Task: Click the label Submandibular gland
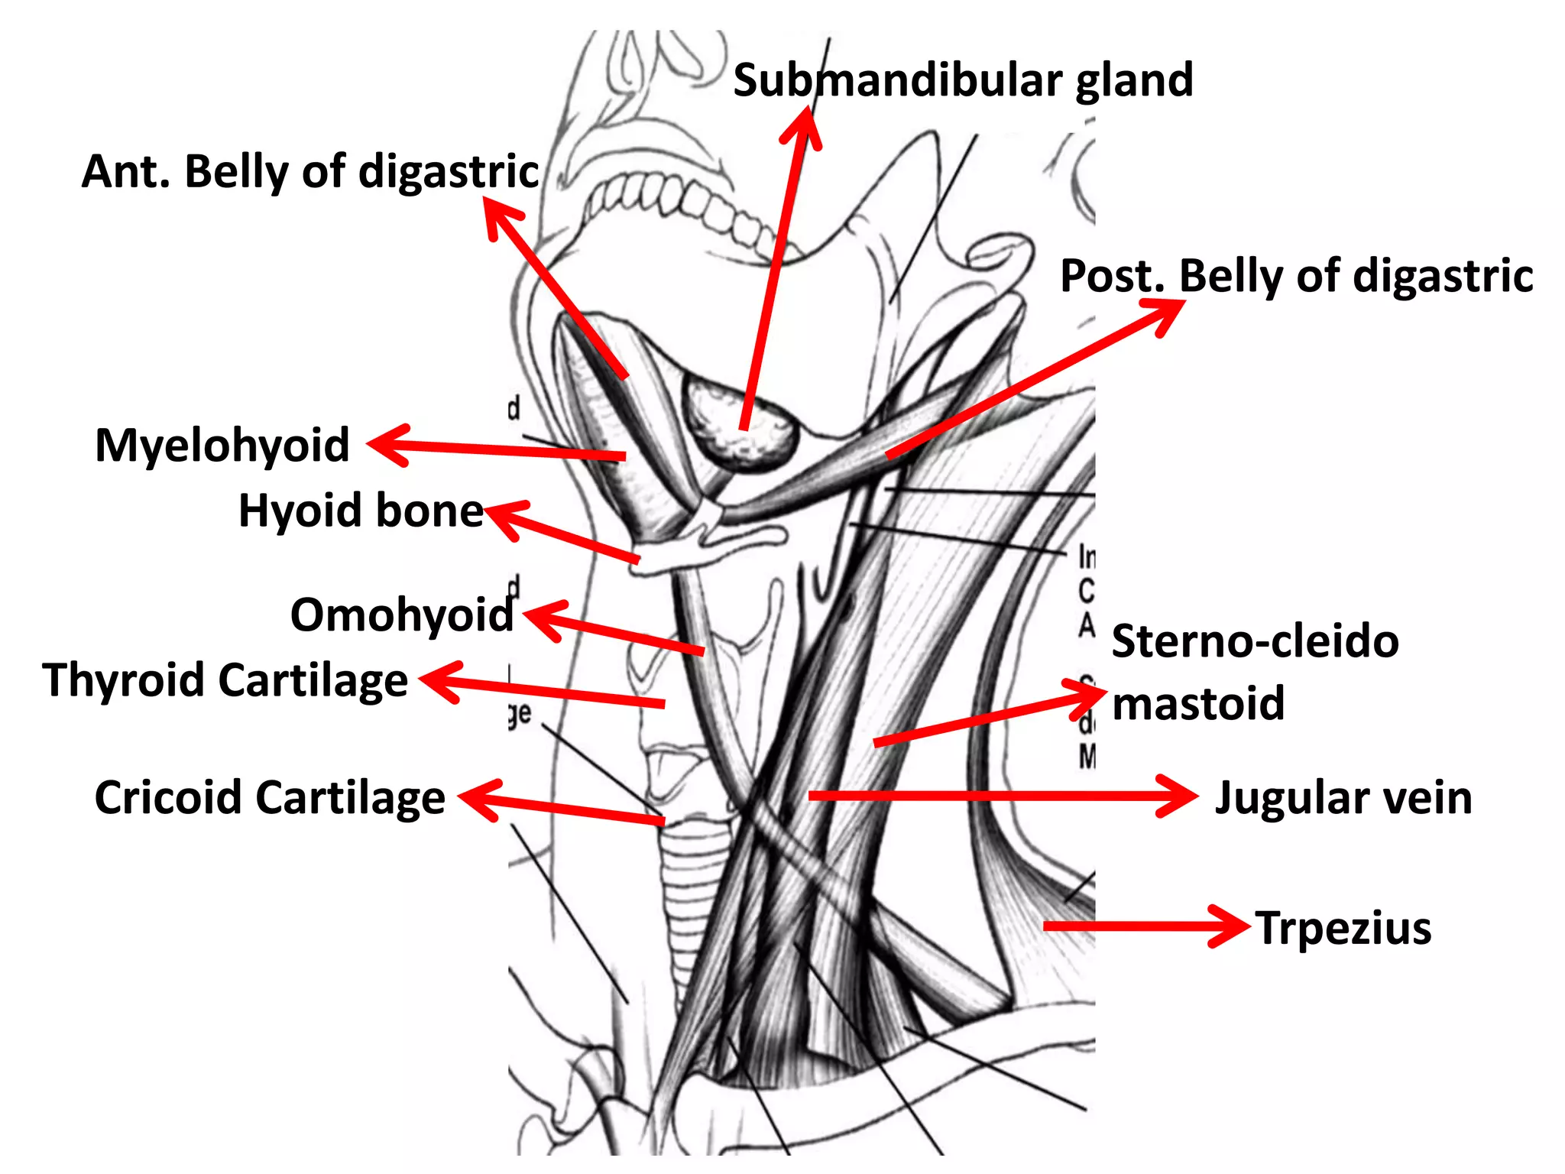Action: [x=963, y=80]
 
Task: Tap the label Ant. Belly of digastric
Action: [x=310, y=171]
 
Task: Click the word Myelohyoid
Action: [x=222, y=445]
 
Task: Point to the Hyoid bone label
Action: [x=361, y=511]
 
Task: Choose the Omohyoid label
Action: [x=402, y=615]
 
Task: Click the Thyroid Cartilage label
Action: [x=225, y=680]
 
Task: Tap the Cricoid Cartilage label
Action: [x=270, y=798]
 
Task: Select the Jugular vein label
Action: [x=1343, y=798]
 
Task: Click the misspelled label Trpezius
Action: [x=1343, y=928]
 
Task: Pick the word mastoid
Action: [x=1197, y=703]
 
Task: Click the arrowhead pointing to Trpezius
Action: [x=1234, y=926]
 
